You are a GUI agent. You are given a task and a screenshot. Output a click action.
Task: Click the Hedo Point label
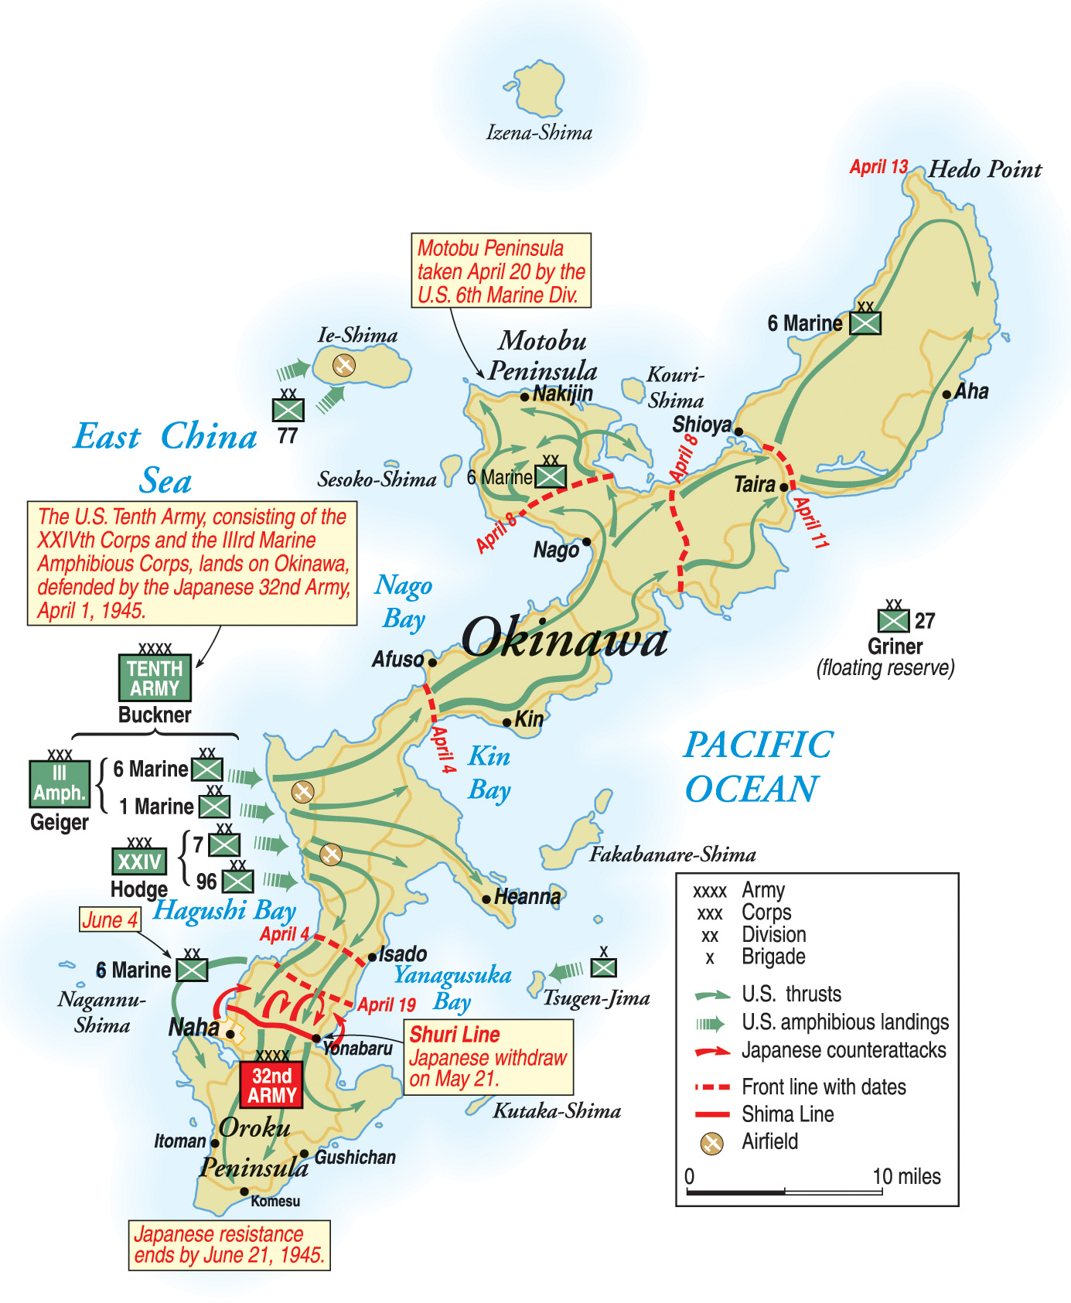click(984, 169)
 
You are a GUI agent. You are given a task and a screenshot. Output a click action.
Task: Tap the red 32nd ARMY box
click(271, 1085)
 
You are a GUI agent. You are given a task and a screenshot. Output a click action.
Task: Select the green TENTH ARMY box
click(155, 678)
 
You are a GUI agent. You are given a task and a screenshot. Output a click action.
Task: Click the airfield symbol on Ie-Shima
click(343, 364)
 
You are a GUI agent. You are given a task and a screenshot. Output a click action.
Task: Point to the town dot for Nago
click(587, 541)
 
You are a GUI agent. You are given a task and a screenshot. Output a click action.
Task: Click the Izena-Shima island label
click(539, 133)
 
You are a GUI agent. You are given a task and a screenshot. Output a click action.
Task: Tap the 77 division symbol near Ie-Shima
click(288, 410)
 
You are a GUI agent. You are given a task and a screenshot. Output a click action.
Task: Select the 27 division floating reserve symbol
click(893, 620)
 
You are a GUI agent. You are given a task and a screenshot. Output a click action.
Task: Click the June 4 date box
click(111, 919)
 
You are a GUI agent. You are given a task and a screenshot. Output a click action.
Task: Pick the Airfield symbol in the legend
click(711, 1143)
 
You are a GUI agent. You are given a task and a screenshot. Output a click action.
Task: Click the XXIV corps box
click(139, 861)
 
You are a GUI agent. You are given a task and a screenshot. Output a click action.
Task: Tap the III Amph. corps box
click(59, 784)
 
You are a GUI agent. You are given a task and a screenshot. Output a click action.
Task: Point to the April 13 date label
click(878, 167)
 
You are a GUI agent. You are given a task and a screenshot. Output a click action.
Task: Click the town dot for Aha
click(947, 394)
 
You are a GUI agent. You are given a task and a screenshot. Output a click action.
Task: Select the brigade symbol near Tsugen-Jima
click(604, 967)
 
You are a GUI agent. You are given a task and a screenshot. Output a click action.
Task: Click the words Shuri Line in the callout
click(455, 1035)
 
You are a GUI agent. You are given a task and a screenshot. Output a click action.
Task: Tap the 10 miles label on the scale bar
click(906, 1177)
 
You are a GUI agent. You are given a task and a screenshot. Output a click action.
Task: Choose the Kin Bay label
click(489, 773)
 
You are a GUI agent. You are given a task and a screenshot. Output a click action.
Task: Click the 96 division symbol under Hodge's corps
click(238, 882)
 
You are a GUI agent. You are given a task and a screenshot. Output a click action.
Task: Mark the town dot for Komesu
click(244, 1192)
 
